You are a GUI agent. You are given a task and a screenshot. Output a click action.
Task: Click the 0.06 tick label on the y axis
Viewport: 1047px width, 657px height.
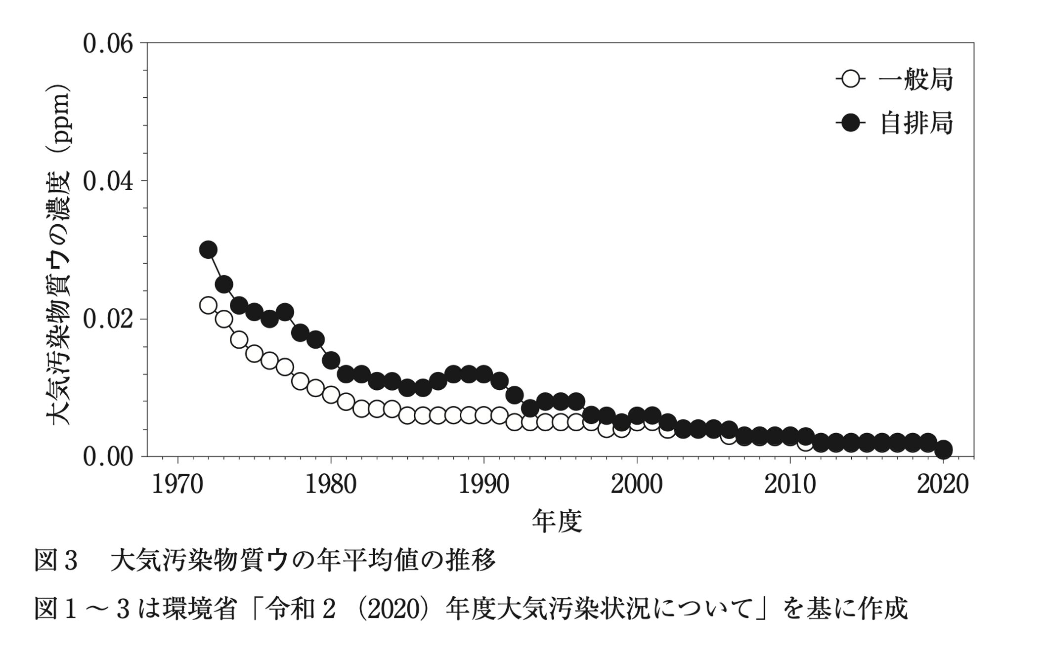click(x=108, y=44)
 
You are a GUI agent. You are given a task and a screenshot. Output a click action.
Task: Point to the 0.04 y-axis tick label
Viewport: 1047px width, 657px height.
click(x=108, y=182)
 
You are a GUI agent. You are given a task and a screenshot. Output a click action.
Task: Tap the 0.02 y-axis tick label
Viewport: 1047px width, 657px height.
click(x=108, y=320)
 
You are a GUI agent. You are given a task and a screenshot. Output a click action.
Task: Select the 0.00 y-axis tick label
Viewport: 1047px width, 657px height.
click(x=108, y=457)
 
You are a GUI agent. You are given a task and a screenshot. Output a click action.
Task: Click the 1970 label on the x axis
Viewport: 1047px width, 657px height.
click(x=177, y=485)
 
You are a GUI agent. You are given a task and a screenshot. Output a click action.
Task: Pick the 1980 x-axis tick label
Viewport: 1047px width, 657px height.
click(x=331, y=485)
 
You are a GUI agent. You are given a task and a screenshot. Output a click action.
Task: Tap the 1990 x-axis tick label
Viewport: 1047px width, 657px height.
click(x=484, y=485)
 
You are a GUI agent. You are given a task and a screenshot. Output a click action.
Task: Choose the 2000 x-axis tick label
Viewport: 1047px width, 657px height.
click(x=637, y=485)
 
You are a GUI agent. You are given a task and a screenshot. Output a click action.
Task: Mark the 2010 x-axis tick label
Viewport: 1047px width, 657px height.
click(x=790, y=485)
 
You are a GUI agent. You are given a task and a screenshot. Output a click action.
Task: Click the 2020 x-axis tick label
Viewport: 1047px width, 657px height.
click(x=943, y=485)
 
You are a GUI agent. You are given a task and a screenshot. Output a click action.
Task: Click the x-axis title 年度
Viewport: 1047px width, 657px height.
click(x=557, y=522)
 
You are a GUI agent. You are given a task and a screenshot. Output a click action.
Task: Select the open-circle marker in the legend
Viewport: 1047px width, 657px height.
click(x=851, y=79)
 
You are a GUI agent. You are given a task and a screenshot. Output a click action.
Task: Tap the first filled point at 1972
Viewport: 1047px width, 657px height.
click(x=208, y=249)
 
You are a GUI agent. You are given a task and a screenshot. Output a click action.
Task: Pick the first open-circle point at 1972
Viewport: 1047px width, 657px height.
click(x=208, y=305)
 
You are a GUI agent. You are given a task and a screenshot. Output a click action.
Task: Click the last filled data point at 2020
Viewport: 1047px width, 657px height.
click(x=943, y=450)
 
